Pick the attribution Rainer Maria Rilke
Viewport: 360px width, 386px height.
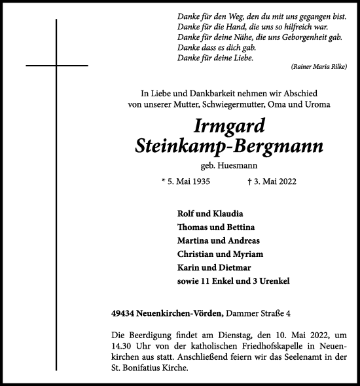(x=316, y=68)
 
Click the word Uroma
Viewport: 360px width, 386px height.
(x=317, y=104)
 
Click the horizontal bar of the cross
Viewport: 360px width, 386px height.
(x=56, y=66)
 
